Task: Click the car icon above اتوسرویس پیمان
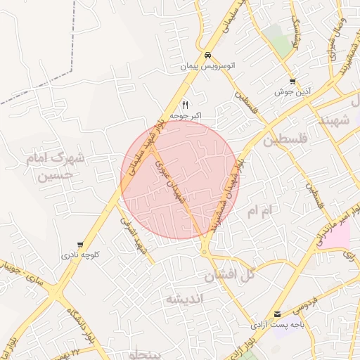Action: pyautogui.click(x=207, y=55)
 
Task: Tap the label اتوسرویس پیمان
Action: pyautogui.click(x=207, y=67)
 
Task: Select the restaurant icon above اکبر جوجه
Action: pyautogui.click(x=186, y=104)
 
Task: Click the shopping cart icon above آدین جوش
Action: pyautogui.click(x=292, y=82)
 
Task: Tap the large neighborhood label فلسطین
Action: pyautogui.click(x=287, y=141)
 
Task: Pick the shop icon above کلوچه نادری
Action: pyautogui.click(x=80, y=245)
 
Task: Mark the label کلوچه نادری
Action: pyautogui.click(x=80, y=256)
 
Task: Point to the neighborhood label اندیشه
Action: pyautogui.click(x=184, y=300)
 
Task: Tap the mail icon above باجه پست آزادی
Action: pyautogui.click(x=278, y=314)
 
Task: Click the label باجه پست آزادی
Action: pyautogui.click(x=278, y=326)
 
